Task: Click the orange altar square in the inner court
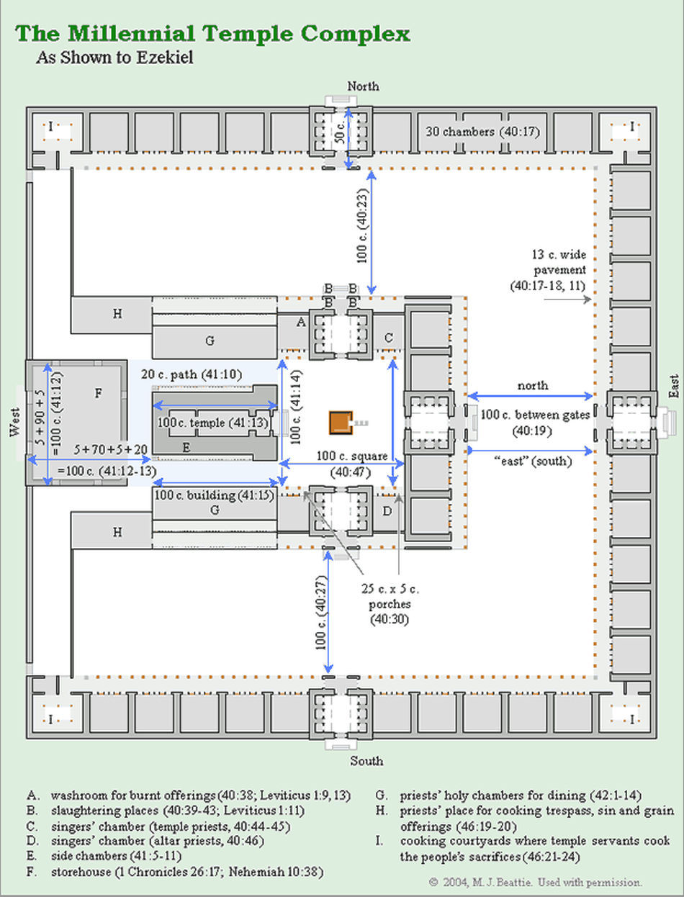click(341, 423)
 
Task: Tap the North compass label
click(363, 86)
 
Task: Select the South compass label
click(366, 761)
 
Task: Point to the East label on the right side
click(674, 386)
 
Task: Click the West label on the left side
click(14, 422)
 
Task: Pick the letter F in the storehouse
click(98, 393)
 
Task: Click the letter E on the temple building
click(186, 448)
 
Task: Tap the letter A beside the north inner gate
click(301, 323)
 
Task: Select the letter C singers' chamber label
click(389, 338)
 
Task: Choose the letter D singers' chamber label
click(387, 511)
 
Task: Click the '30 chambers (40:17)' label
click(482, 132)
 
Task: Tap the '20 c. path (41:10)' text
click(192, 374)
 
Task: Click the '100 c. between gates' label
click(535, 415)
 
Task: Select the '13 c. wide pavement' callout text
click(549, 270)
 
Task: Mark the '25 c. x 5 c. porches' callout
click(390, 603)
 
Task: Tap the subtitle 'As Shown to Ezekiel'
click(114, 58)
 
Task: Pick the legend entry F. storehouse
click(175, 872)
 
